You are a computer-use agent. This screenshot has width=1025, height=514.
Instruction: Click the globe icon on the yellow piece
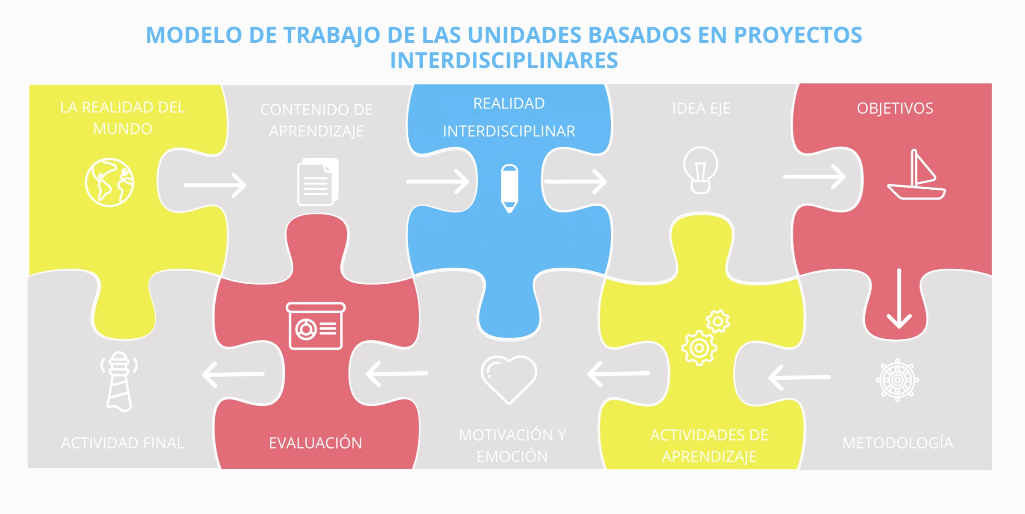tap(109, 182)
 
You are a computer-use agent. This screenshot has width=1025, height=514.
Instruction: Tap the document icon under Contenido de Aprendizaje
tap(318, 182)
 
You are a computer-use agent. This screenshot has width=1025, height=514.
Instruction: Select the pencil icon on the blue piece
tap(509, 188)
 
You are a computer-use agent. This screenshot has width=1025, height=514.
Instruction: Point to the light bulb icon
tap(700, 170)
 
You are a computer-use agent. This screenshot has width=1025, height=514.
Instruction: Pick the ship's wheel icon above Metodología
tap(897, 380)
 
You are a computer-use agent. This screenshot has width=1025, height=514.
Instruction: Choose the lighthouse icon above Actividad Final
tap(119, 382)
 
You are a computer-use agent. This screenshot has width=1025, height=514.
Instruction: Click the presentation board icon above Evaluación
tap(316, 326)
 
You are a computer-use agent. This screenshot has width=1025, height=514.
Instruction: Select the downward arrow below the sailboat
tap(899, 299)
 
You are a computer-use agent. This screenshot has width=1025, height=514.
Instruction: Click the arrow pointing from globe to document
tap(215, 185)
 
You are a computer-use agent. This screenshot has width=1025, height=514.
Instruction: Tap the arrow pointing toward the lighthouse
tap(233, 374)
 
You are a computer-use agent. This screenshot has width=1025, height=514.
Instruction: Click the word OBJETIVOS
tap(895, 109)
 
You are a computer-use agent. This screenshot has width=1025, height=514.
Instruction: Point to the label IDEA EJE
tap(701, 109)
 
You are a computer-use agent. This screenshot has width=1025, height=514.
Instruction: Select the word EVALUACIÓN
tap(315, 443)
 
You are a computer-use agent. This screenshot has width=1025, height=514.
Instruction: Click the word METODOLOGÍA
tap(897, 443)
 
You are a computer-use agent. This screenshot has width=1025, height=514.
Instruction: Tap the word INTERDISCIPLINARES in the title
tap(504, 60)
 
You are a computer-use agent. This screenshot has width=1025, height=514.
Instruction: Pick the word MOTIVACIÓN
tap(506, 435)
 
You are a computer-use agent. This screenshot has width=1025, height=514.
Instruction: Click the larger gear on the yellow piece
tap(699, 348)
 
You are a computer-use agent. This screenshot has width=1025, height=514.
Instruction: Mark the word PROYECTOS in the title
tap(798, 35)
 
